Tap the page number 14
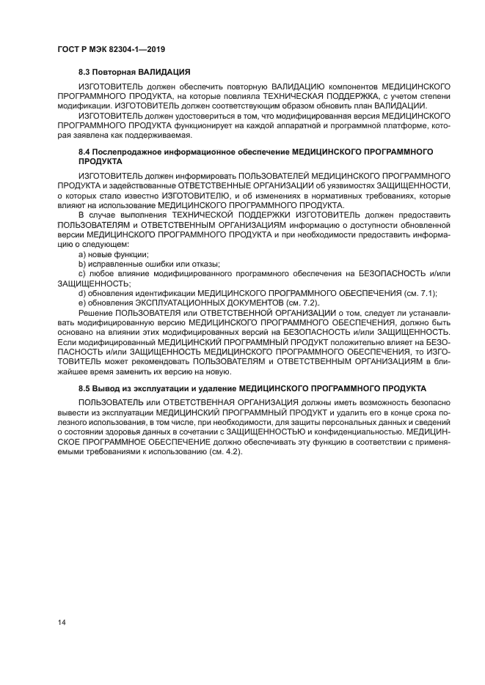(62, 623)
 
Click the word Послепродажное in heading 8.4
(125, 151)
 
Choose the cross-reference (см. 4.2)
(225, 451)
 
